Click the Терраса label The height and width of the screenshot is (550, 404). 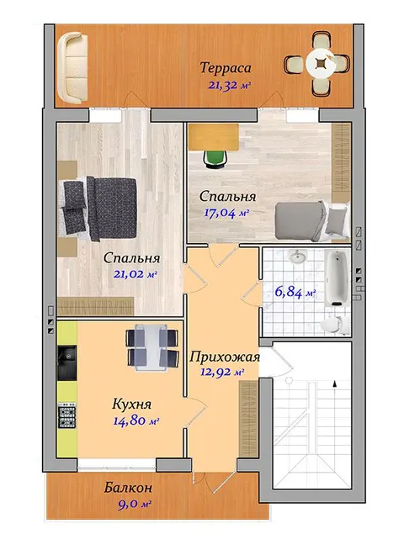click(226, 67)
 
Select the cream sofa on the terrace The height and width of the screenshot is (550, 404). click(73, 67)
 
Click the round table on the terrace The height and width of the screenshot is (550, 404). click(320, 63)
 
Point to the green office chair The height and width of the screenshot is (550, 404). click(215, 160)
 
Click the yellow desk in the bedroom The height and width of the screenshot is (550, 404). click(214, 137)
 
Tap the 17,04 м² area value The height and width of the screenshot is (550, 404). click(226, 213)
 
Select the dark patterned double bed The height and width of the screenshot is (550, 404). click(99, 209)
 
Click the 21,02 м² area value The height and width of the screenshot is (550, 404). click(135, 274)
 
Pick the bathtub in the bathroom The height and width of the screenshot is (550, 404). click(337, 278)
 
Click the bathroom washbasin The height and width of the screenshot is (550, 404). click(298, 256)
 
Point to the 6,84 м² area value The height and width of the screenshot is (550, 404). click(295, 292)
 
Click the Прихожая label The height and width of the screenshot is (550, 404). click(225, 357)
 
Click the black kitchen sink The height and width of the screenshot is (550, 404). click(66, 362)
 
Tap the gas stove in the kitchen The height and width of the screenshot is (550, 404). click(66, 415)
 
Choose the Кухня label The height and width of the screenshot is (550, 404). click(131, 404)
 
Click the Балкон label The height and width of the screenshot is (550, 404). click(128, 488)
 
